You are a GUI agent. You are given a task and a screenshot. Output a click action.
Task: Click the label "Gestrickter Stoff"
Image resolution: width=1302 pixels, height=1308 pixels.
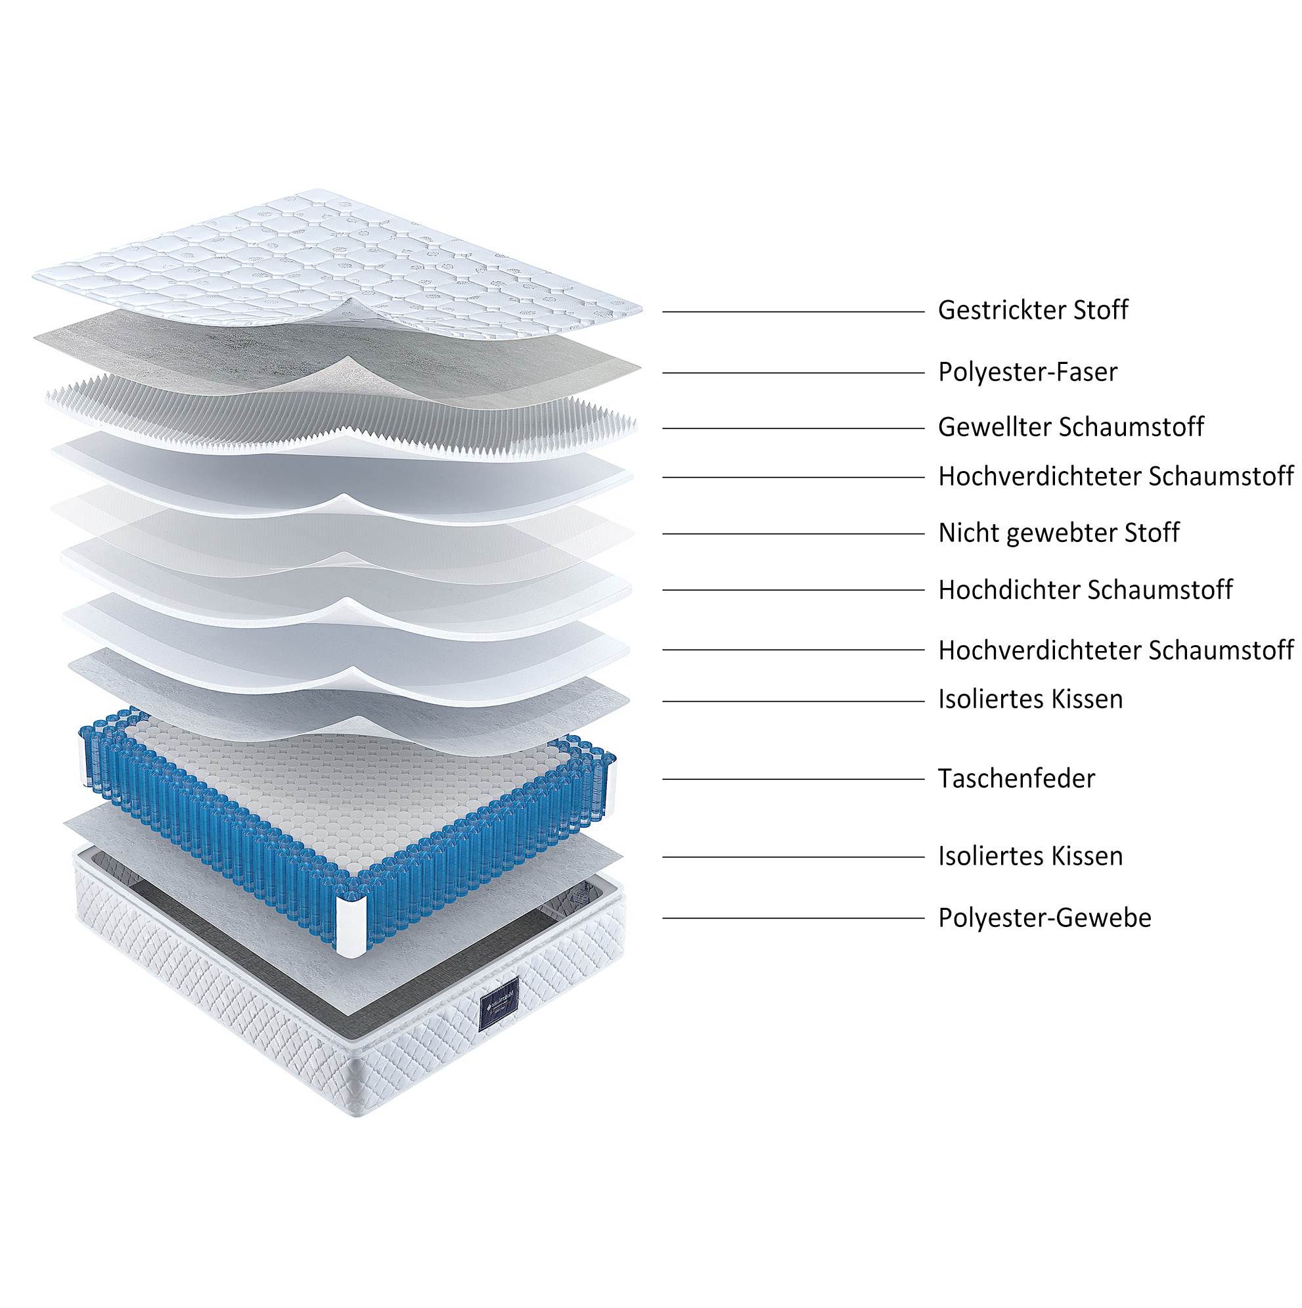click(1033, 311)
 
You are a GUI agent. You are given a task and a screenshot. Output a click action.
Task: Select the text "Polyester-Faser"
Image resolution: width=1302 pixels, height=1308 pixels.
click(1027, 372)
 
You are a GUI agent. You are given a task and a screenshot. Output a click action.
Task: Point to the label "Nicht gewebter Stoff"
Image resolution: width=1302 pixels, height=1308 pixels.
click(1058, 533)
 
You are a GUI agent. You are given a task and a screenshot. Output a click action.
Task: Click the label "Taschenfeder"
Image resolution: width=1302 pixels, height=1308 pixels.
click(1016, 778)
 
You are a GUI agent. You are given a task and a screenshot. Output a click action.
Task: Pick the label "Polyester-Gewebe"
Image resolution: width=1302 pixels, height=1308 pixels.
click(1044, 918)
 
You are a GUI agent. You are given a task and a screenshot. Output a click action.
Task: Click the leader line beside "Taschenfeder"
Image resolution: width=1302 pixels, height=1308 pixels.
click(793, 779)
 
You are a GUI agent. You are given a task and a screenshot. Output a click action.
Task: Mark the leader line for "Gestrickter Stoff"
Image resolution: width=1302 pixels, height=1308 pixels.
click(793, 312)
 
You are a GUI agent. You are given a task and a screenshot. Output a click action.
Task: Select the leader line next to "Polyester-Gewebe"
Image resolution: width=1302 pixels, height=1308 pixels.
click(793, 918)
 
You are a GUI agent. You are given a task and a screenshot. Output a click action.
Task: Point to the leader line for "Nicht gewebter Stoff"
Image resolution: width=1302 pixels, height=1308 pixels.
click(793, 534)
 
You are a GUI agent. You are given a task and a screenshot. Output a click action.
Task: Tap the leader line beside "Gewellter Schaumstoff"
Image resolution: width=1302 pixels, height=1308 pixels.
click(793, 428)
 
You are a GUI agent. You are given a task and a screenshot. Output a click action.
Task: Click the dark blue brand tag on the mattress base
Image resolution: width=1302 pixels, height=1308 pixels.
click(499, 1004)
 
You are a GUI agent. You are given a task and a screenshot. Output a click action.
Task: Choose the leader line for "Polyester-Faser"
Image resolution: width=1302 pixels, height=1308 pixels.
click(793, 373)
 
